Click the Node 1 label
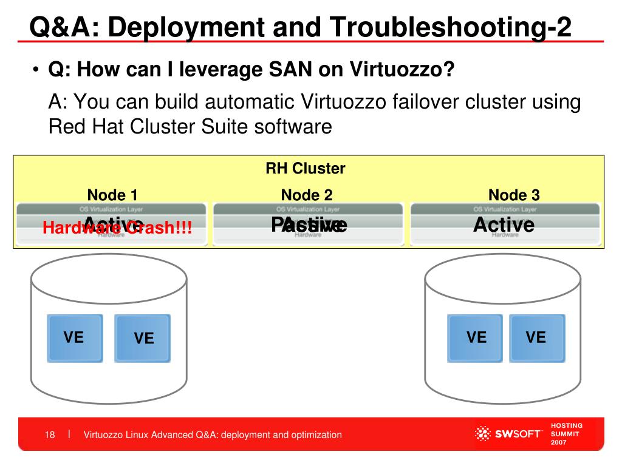point(112,195)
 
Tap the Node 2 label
point(307,195)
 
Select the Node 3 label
point(514,195)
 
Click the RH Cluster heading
point(306,169)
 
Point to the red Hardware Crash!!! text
point(117,229)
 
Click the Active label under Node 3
point(504,225)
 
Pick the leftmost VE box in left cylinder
point(75,338)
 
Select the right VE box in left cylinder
point(143,338)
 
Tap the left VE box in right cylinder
point(476,337)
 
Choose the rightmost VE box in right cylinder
point(536,337)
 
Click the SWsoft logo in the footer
point(507,434)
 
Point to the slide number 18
point(50,435)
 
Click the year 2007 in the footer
point(559,443)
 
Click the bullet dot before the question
point(36,70)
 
